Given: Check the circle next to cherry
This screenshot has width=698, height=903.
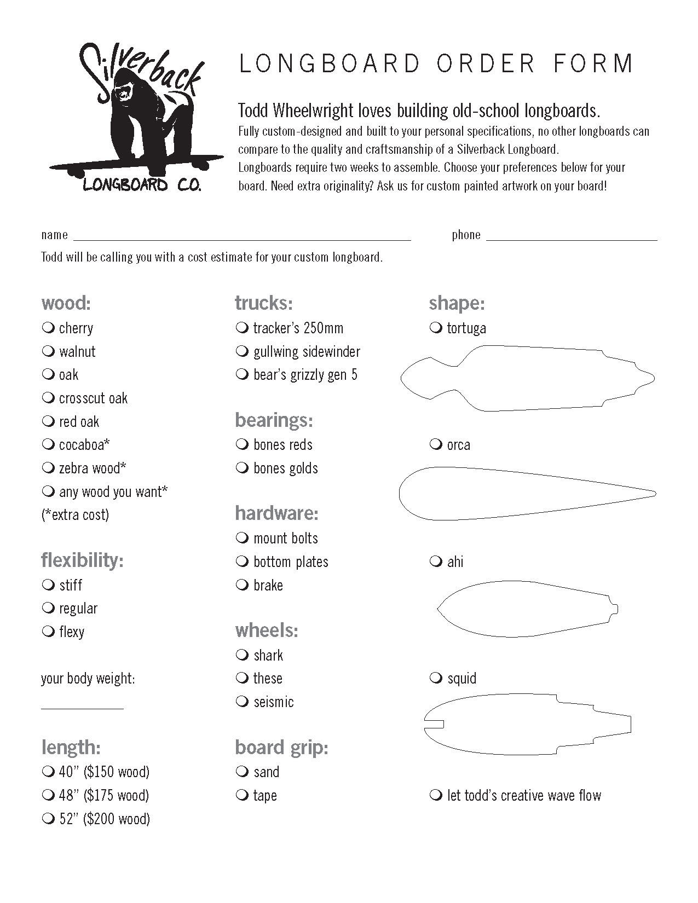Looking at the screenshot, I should [48, 328].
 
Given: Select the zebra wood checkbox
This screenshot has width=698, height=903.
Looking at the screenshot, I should [48, 468].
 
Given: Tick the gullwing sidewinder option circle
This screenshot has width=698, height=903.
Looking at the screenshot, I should [242, 351].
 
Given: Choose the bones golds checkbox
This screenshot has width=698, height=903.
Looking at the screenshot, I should [242, 468].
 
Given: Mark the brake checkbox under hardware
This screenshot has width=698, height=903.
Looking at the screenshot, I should [242, 585].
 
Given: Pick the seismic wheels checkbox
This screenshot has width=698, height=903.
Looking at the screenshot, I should [242, 702].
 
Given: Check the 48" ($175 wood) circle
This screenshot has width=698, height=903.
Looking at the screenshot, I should [48, 795].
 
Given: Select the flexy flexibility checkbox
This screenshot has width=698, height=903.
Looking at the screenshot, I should [48, 632].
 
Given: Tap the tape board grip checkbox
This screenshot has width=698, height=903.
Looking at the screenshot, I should [242, 795].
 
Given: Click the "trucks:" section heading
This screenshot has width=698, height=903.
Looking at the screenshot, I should [263, 303].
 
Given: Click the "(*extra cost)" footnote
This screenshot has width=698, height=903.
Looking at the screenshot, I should [75, 515].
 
